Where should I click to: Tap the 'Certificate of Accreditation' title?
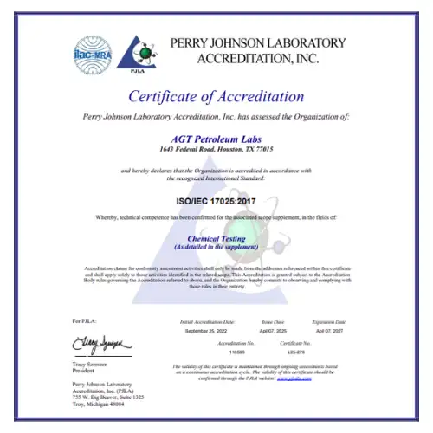coord(216,96)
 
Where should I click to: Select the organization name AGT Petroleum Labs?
coord(216,138)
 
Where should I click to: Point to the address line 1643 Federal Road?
coord(216,149)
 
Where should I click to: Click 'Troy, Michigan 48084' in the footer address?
coord(98,404)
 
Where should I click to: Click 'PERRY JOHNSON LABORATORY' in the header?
coord(257,43)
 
